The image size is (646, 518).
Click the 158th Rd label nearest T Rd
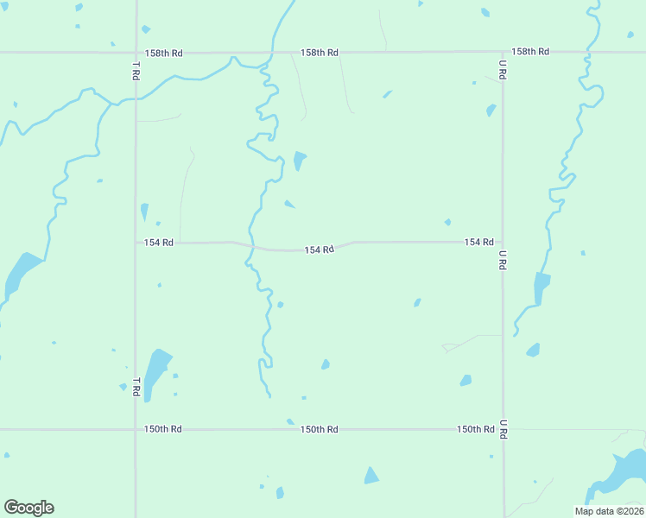click(x=164, y=53)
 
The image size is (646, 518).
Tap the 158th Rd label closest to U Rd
click(x=530, y=52)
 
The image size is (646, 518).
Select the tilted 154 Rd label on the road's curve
click(x=319, y=250)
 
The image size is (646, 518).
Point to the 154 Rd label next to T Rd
click(x=159, y=243)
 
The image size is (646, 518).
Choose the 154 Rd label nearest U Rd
click(x=478, y=242)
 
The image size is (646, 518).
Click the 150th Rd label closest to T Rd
click(x=163, y=429)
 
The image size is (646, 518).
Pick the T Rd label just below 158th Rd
click(x=136, y=71)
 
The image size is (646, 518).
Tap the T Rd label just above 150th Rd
click(x=136, y=387)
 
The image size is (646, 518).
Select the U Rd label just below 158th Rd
click(x=503, y=70)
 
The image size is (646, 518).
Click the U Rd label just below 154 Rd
click(x=503, y=261)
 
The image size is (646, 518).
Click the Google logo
click(x=28, y=508)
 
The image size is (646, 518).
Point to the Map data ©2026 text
click(x=609, y=511)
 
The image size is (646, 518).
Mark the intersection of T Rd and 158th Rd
click(x=136, y=53)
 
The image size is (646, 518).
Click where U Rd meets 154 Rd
click(x=503, y=242)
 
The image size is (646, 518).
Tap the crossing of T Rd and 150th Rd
click(x=136, y=429)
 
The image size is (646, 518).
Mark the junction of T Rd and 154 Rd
click(x=136, y=243)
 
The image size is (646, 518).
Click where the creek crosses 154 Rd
click(x=251, y=247)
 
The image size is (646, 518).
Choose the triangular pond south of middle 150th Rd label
click(x=371, y=476)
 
